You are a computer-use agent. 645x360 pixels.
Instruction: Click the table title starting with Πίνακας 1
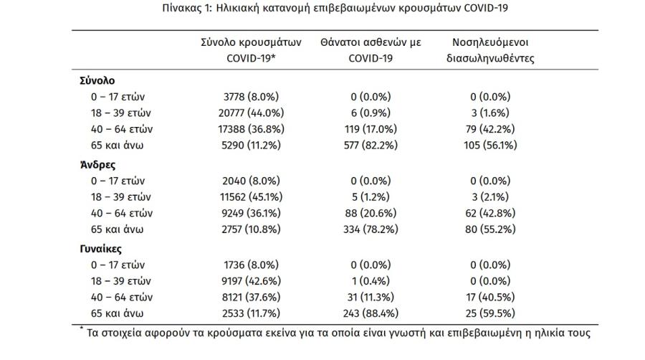[x=335, y=8]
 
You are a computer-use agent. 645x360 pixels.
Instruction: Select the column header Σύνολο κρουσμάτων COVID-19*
[x=251, y=50]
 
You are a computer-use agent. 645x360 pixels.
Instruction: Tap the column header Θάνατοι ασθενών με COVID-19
[x=371, y=50]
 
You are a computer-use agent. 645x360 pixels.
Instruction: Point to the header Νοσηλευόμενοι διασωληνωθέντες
[x=490, y=50]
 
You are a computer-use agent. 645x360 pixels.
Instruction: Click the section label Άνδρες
[x=97, y=164]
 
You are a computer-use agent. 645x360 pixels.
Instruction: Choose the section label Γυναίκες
[x=101, y=249]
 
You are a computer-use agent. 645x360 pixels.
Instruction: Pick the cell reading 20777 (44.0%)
[x=251, y=113]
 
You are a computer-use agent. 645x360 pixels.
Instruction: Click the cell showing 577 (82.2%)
[x=371, y=146]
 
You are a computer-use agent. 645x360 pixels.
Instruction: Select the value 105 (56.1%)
[x=490, y=146]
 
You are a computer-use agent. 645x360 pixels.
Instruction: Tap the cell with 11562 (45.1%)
[x=251, y=196]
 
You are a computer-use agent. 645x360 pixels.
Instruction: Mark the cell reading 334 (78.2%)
[x=371, y=229]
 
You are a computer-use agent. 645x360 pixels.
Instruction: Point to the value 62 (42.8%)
[x=490, y=213]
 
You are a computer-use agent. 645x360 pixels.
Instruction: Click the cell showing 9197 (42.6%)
[x=251, y=281]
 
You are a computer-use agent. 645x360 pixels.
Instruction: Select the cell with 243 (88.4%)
[x=371, y=313]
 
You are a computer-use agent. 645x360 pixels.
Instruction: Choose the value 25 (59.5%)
[x=490, y=313]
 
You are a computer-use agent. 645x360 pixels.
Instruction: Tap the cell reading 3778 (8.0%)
[x=251, y=97]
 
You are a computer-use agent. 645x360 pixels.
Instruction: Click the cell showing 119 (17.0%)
[x=371, y=129]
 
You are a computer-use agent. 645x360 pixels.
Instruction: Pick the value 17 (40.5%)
[x=490, y=297]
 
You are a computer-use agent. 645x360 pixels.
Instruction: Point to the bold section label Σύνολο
[x=97, y=80]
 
